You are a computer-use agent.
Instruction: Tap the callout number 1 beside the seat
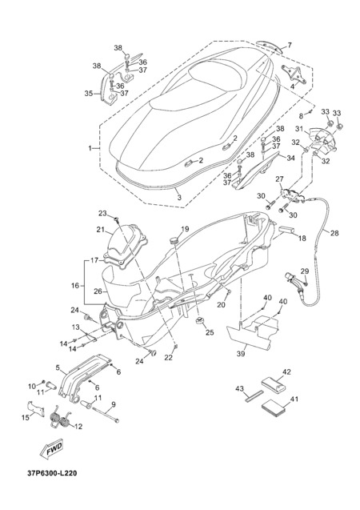tap(90, 148)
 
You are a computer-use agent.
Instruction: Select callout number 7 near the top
tap(289, 45)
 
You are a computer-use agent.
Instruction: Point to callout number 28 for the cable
tap(334, 233)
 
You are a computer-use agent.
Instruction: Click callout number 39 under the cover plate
tap(241, 354)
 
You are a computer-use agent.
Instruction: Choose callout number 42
tap(286, 371)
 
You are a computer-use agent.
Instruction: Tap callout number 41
tap(294, 399)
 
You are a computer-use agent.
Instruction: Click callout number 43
tap(239, 388)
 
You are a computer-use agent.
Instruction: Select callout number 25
tap(210, 333)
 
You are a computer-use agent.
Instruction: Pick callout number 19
tap(185, 229)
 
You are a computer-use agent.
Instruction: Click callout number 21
tap(100, 230)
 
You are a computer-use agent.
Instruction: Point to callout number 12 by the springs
tap(78, 427)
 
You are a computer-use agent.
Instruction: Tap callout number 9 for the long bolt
tap(113, 404)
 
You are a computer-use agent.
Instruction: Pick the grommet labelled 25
tap(200, 322)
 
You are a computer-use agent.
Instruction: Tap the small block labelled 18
tap(286, 230)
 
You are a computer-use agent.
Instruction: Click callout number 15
tap(26, 417)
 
